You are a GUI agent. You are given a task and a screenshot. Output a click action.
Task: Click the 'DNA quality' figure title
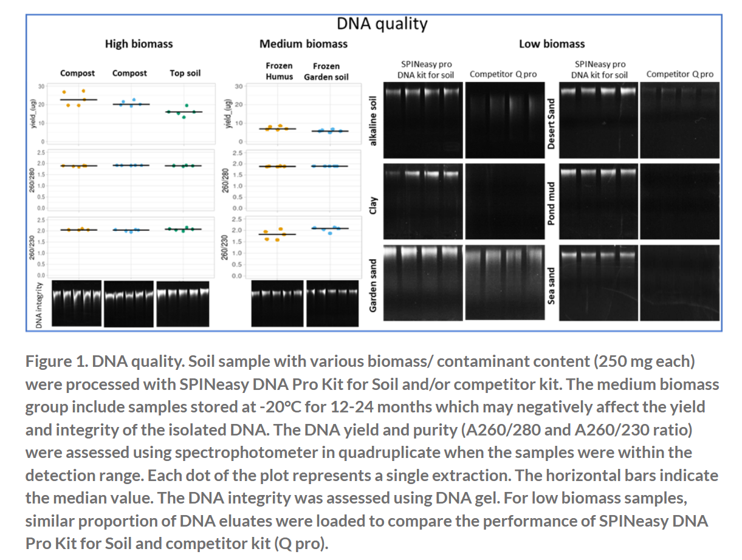(x=382, y=24)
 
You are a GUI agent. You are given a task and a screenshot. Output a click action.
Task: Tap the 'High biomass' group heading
(x=139, y=44)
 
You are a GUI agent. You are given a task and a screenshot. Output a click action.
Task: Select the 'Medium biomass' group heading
(x=303, y=44)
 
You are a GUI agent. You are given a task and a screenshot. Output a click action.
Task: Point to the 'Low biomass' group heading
(x=551, y=44)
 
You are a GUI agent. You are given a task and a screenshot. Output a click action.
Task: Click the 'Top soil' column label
(x=185, y=73)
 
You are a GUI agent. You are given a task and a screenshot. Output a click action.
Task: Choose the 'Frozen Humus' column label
(x=279, y=71)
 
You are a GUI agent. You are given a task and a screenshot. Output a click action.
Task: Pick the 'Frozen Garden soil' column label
(x=326, y=71)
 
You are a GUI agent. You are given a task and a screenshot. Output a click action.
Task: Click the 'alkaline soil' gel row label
(x=374, y=120)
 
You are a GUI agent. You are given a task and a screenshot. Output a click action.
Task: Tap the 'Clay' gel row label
(x=374, y=205)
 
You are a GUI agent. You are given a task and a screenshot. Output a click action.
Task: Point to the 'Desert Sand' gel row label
(x=551, y=120)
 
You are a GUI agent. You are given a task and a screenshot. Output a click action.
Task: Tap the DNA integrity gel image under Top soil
(x=182, y=304)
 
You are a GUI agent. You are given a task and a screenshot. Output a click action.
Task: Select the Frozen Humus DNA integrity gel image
(x=277, y=304)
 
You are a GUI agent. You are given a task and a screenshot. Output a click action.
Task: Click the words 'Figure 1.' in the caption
(x=57, y=362)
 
